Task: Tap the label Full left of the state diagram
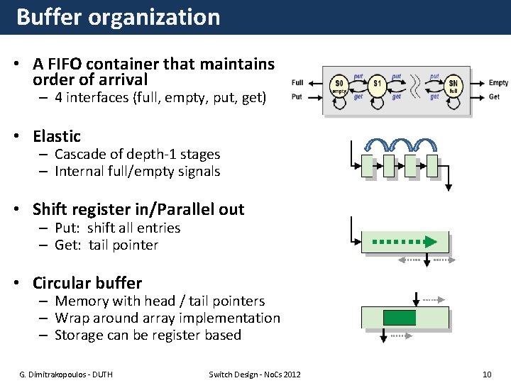point(297,83)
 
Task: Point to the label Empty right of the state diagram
point(498,83)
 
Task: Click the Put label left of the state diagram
point(297,96)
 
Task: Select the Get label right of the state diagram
point(494,96)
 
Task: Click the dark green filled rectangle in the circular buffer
point(399,317)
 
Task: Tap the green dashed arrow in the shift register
point(405,241)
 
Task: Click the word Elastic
point(57,136)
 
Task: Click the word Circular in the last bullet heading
point(62,283)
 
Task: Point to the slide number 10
point(486,374)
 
